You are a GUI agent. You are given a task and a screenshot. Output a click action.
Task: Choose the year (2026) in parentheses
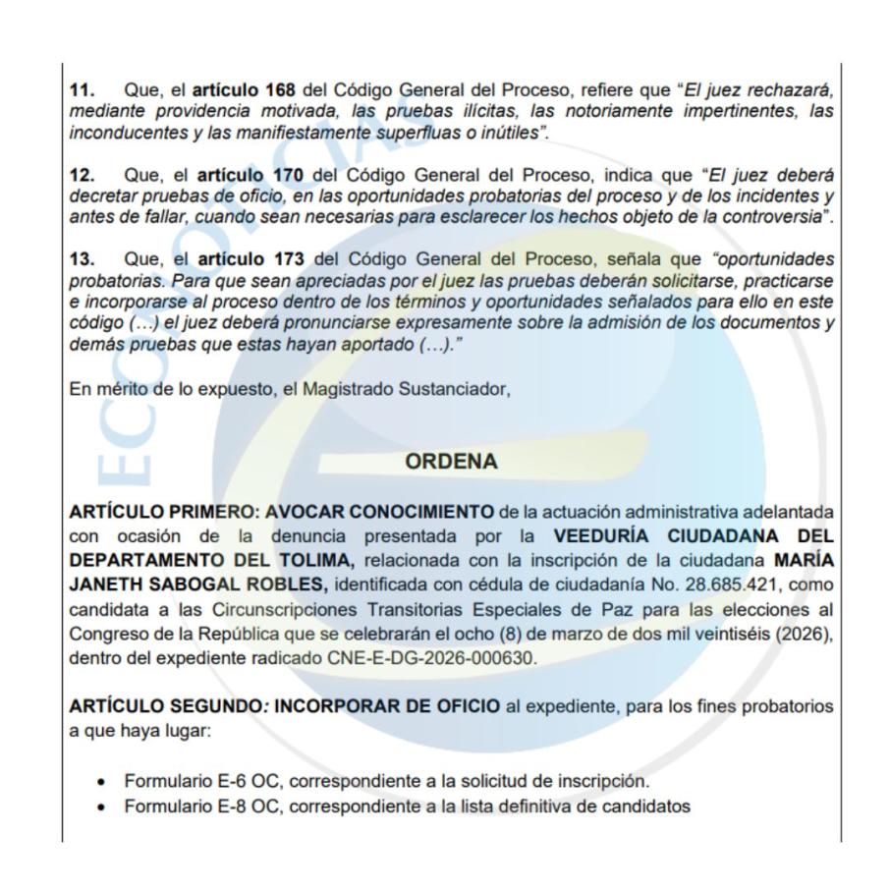pos(807,634)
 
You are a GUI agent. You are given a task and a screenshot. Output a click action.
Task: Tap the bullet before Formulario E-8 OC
pos(102,807)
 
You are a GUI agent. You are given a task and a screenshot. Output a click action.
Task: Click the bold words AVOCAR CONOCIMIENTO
pos(380,512)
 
